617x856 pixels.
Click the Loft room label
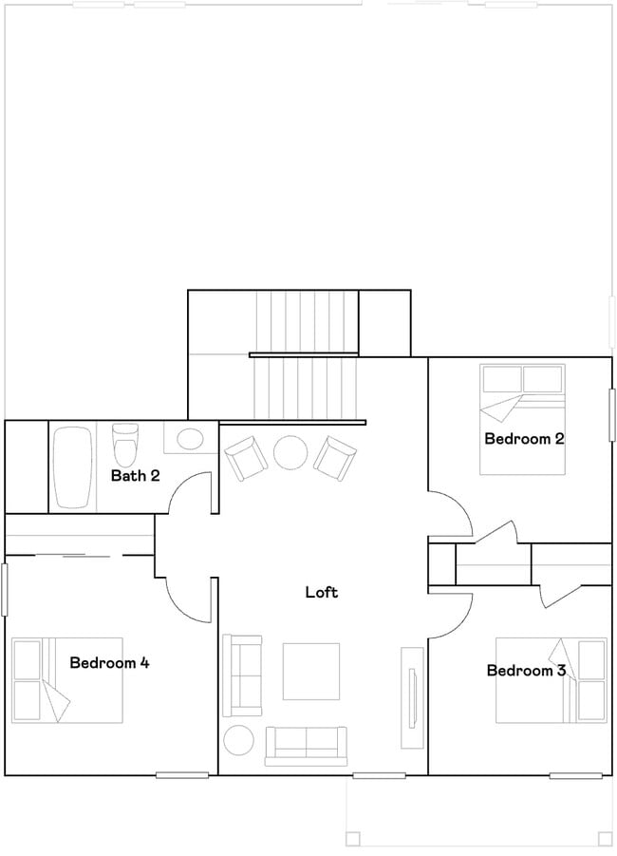click(322, 592)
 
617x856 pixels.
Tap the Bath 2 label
click(136, 475)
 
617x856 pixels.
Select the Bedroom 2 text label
click(524, 438)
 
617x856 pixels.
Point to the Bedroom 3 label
click(527, 670)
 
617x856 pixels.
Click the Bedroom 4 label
click(110, 663)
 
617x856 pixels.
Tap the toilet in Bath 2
click(126, 442)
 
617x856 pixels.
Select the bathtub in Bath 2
click(73, 467)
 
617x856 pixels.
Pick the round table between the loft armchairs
click(290, 451)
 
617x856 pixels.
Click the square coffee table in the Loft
click(311, 671)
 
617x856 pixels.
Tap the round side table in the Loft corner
click(238, 740)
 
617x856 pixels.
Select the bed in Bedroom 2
click(523, 419)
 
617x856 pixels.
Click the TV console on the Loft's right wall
click(412, 697)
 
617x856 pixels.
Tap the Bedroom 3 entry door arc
click(461, 621)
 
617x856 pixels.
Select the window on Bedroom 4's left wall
click(5, 589)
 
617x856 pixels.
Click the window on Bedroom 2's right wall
click(612, 414)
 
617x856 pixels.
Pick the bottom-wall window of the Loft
click(379, 775)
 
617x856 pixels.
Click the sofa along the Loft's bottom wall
click(306, 747)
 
